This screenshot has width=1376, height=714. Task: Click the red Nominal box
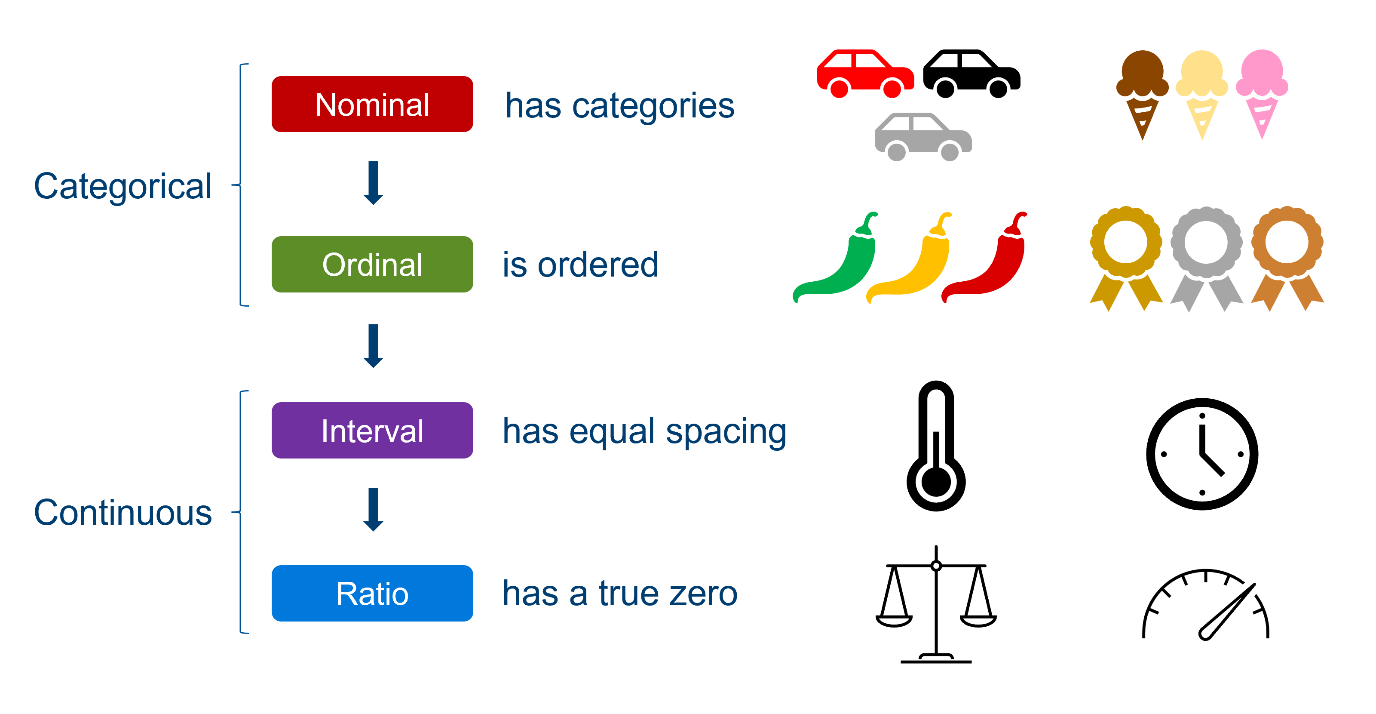(372, 104)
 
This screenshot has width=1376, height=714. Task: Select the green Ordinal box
(372, 264)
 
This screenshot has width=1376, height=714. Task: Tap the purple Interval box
(372, 430)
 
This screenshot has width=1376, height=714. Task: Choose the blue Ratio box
(372, 593)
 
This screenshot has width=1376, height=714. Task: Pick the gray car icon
(922, 137)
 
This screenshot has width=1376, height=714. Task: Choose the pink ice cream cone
(1262, 91)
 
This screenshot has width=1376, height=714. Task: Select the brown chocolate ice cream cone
(1142, 91)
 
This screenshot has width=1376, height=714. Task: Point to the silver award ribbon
(1206, 256)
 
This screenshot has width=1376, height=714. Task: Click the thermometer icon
(936, 449)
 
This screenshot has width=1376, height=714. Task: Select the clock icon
(1202, 454)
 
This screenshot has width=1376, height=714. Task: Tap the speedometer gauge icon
(1206, 609)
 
